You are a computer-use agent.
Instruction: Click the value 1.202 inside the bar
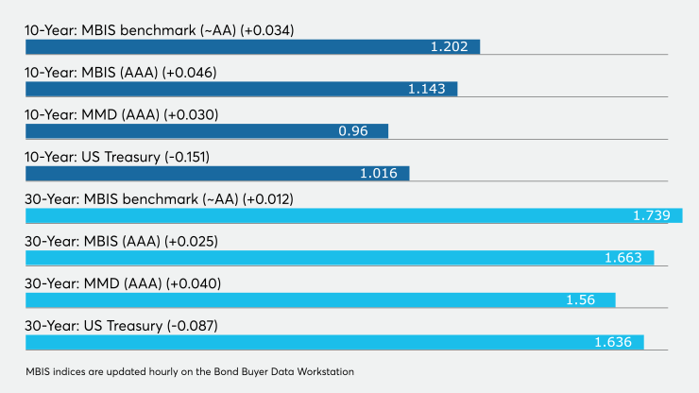tap(449, 47)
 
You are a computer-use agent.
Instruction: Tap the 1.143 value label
tap(427, 89)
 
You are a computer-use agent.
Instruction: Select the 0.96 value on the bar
tap(353, 131)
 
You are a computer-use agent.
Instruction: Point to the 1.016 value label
tap(379, 173)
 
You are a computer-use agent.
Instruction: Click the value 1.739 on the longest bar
tap(652, 215)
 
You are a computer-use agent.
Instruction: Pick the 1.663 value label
tap(623, 258)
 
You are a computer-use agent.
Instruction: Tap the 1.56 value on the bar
tap(580, 299)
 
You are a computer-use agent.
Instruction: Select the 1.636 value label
tap(613, 342)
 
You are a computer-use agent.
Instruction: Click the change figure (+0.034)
tap(267, 30)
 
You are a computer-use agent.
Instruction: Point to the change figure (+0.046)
tap(190, 73)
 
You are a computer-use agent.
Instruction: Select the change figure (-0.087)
tap(193, 326)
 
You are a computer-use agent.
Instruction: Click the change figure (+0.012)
tap(268, 199)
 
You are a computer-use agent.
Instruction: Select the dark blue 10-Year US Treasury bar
tap(217, 174)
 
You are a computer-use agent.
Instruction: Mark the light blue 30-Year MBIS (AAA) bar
tap(340, 258)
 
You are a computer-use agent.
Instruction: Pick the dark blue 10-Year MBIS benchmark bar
tap(253, 47)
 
